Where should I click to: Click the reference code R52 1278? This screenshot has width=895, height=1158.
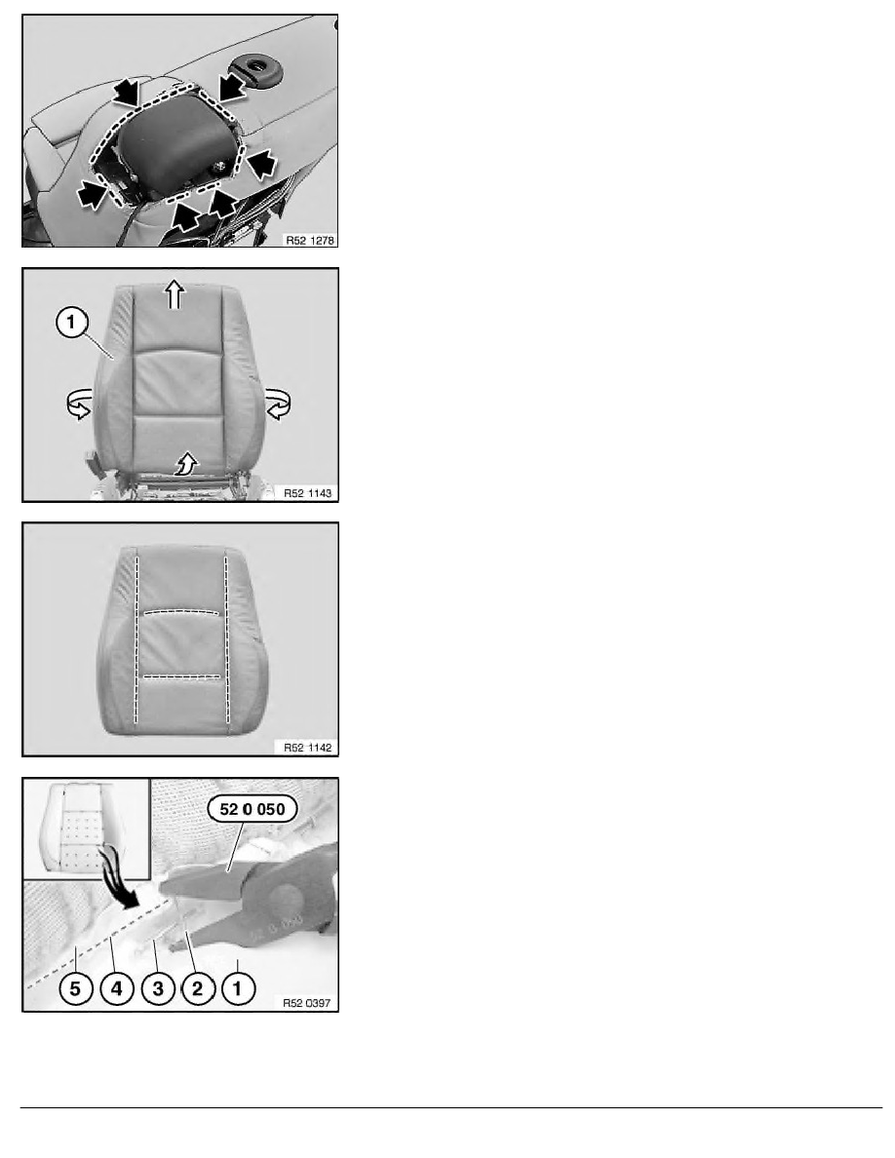(x=310, y=240)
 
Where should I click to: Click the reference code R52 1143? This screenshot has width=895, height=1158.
(x=308, y=492)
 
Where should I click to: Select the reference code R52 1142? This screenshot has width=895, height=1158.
(x=308, y=748)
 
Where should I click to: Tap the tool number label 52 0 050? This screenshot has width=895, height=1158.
(x=253, y=809)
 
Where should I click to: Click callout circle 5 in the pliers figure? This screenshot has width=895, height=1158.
(x=75, y=988)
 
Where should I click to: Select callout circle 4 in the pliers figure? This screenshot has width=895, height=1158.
(x=116, y=988)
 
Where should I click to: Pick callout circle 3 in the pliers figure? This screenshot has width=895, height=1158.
(x=157, y=988)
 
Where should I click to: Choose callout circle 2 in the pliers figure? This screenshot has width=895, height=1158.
(x=197, y=988)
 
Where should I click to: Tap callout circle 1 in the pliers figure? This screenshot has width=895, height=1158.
(x=237, y=988)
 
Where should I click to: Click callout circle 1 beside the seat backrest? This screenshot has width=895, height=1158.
(x=71, y=323)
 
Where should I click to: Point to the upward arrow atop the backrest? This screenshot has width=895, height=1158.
(x=175, y=294)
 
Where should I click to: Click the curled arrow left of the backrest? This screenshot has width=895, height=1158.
(x=79, y=405)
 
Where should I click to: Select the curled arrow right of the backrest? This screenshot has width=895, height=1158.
(x=279, y=405)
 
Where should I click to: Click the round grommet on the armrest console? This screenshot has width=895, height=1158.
(x=256, y=68)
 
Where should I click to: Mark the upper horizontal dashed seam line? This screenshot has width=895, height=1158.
(x=181, y=611)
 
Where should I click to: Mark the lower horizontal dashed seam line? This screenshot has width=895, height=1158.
(x=181, y=676)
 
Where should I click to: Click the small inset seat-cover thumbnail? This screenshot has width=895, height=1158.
(x=87, y=829)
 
